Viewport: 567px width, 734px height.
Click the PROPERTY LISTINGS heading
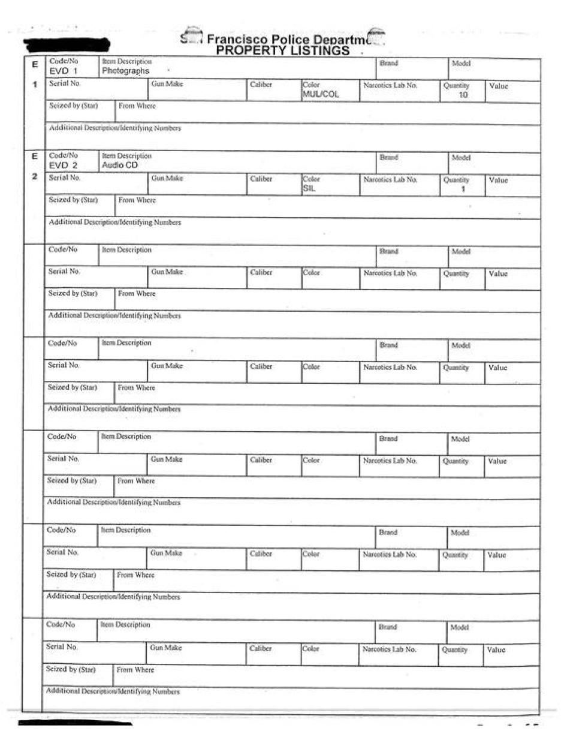(282, 51)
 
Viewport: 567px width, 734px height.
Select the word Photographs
(125, 71)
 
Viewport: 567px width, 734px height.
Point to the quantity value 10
(462, 95)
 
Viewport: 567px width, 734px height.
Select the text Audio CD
(120, 165)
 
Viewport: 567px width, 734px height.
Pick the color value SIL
(309, 188)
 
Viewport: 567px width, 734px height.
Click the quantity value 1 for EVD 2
(463, 189)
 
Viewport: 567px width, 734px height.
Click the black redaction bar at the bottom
(75, 724)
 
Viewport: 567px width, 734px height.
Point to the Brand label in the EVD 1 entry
(388, 63)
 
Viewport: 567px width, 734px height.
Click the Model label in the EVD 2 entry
(461, 157)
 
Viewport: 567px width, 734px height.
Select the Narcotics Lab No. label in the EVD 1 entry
(390, 85)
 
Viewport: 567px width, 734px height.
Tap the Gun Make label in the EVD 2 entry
(167, 179)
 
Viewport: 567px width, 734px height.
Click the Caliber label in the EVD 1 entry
(261, 85)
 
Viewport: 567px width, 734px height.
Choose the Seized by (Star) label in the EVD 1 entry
(73, 106)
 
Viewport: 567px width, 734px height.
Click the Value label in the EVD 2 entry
(498, 180)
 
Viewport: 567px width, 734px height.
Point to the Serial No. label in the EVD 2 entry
(64, 178)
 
